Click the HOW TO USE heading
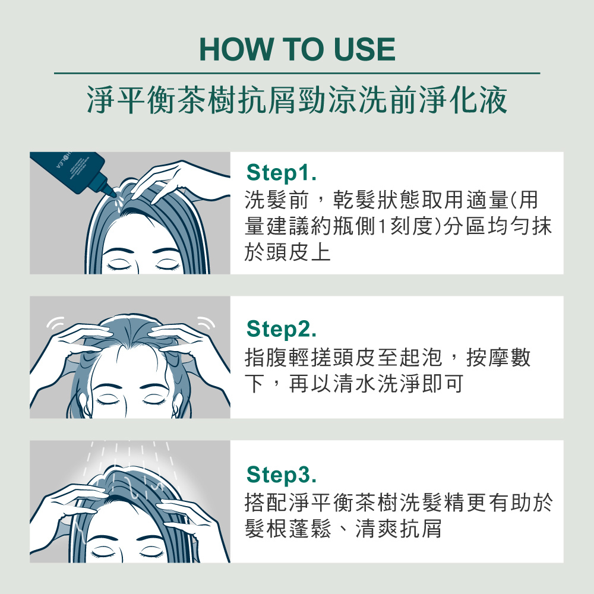pyautogui.click(x=297, y=49)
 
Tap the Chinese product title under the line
pyautogui.click(x=297, y=100)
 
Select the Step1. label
pyautogui.click(x=281, y=173)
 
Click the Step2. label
pyautogui.click(x=281, y=329)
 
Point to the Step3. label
pyautogui.click(x=281, y=474)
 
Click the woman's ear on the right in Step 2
pyautogui.click(x=176, y=405)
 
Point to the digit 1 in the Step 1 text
pyautogui.click(x=381, y=226)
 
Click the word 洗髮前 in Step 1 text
pyautogui.click(x=277, y=200)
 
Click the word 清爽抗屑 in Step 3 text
pyautogui.click(x=399, y=529)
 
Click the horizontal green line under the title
pyautogui.click(x=297, y=73)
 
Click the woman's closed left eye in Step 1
pyautogui.click(x=118, y=264)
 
